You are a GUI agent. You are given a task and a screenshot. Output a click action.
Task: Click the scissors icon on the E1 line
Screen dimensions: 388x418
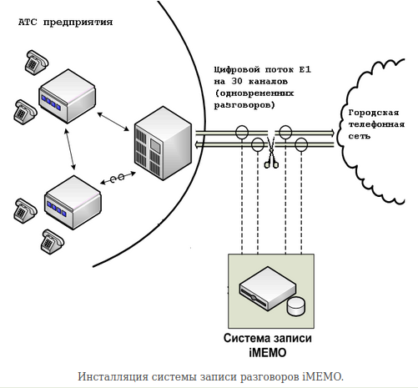[271, 155]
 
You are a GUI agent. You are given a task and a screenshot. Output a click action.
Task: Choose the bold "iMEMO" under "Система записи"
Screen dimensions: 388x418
[267, 352]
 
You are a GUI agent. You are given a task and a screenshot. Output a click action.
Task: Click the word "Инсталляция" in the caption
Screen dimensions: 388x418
[110, 376]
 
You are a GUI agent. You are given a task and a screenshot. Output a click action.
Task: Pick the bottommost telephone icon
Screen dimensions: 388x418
[52, 242]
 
